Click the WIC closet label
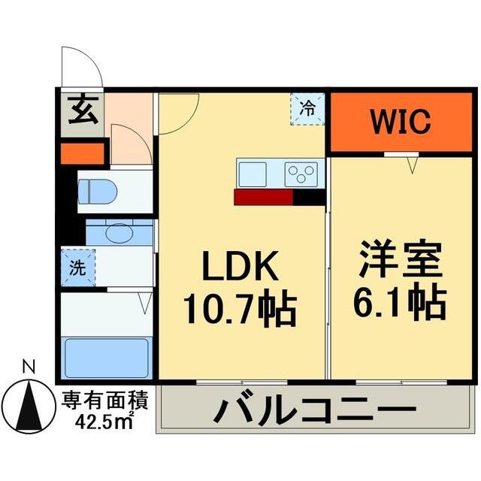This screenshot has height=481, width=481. tap(399, 120)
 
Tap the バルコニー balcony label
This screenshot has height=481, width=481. tap(315, 411)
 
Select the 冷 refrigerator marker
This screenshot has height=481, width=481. tap(308, 107)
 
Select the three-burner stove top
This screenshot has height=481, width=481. tap(303, 174)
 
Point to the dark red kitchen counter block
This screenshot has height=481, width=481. tap(263, 197)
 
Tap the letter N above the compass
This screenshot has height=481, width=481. tap(29, 368)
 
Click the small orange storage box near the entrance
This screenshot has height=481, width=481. tap(82, 153)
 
